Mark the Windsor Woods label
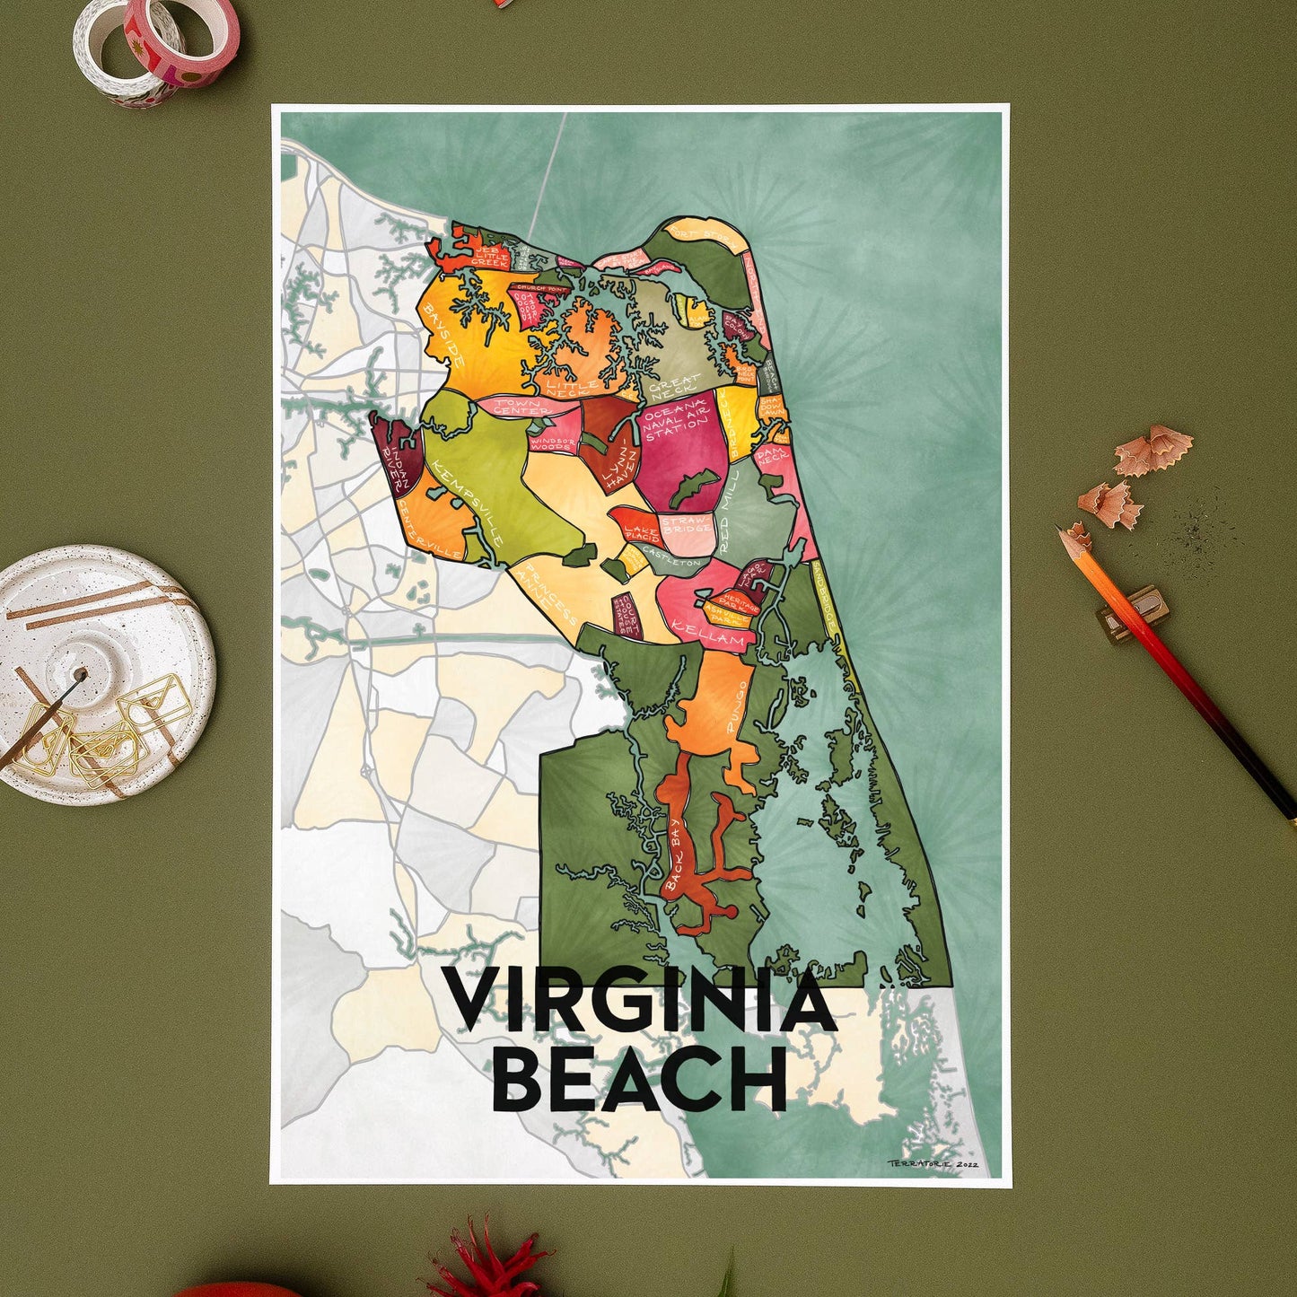[x=553, y=443]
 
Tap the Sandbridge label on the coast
[x=828, y=599]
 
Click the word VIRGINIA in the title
[x=641, y=1002]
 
